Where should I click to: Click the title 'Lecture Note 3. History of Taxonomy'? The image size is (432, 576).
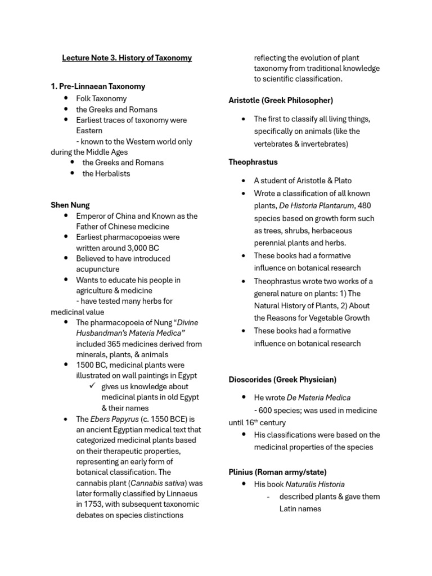(127, 58)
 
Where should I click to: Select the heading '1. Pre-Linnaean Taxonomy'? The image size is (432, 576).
(98, 87)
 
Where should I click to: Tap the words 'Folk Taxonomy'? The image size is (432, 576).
(101, 98)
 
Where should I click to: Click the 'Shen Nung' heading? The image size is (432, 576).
(70, 205)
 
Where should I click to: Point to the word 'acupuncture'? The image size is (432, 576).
(98, 269)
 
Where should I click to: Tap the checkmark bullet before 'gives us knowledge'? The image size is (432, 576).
(93, 386)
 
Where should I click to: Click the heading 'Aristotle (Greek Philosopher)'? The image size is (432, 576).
(281, 100)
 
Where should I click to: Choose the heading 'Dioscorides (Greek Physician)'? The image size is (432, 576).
(282, 380)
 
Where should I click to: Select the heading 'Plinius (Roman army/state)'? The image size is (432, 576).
(277, 472)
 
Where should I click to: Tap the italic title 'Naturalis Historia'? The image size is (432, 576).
(315, 484)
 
